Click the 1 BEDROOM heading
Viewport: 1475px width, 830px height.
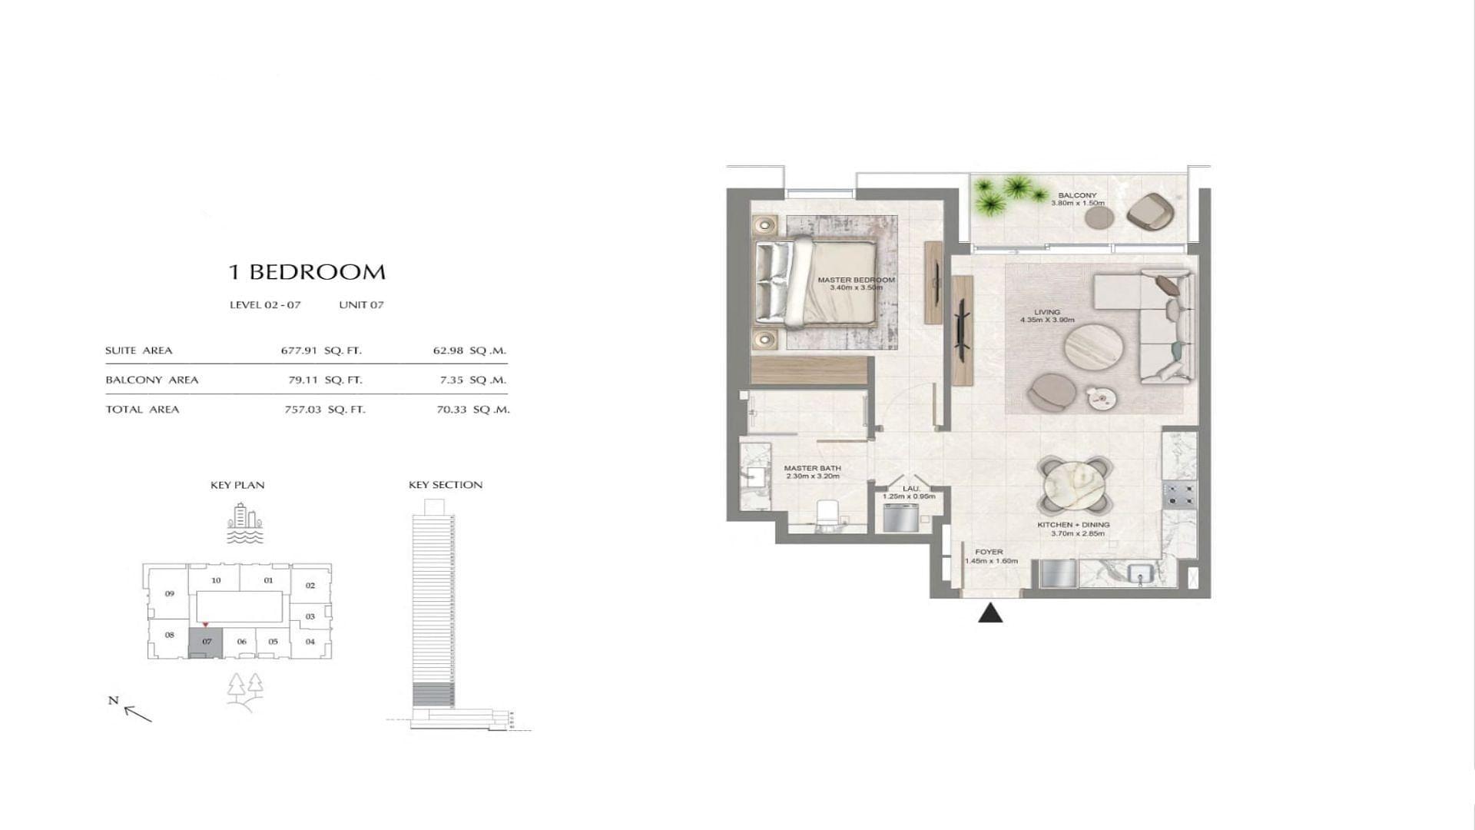tap(307, 272)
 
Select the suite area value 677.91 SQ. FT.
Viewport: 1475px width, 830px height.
tap(321, 350)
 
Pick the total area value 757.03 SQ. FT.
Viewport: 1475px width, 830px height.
tap(325, 410)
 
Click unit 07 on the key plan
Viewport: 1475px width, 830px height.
tap(206, 642)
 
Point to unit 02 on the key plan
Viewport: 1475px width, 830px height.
tap(310, 586)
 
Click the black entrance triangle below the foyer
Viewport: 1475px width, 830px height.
tap(991, 613)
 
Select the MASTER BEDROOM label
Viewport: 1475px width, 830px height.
tap(856, 280)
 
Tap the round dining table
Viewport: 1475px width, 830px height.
tap(1075, 486)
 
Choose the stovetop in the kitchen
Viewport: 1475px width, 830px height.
tap(1179, 494)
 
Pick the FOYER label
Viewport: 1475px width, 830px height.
tap(989, 552)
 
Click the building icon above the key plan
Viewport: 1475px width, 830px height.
tap(244, 523)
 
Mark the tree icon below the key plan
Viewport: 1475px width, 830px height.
tap(246, 688)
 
